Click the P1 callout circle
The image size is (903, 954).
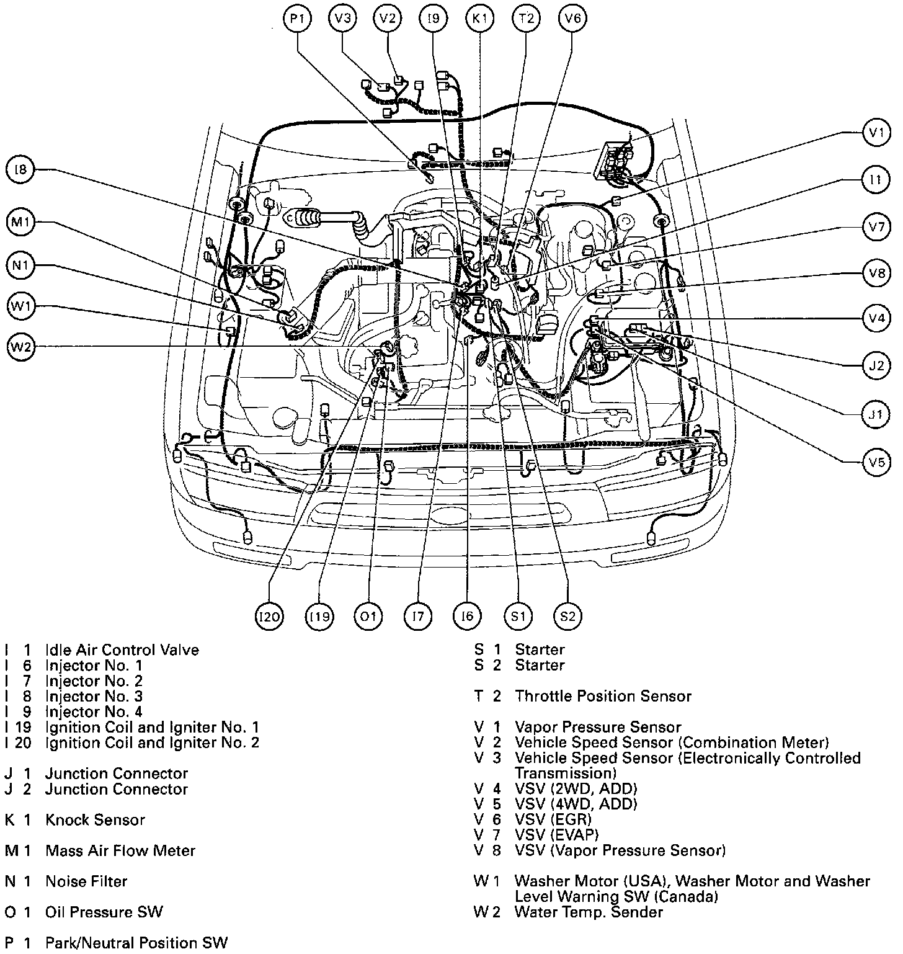click(x=298, y=19)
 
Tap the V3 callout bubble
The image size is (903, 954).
click(x=342, y=19)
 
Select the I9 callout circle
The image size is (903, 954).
click(x=434, y=19)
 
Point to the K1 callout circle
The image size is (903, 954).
click(x=479, y=19)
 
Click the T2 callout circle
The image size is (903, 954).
click(x=526, y=19)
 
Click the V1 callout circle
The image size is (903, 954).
click(x=876, y=132)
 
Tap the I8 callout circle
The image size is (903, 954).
click(x=20, y=169)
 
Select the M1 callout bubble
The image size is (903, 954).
click(x=20, y=223)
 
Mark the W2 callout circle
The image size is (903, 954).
click(x=20, y=347)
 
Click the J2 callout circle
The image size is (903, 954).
click(x=876, y=365)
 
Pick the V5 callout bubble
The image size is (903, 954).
click(x=876, y=462)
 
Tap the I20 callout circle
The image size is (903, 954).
click(x=270, y=616)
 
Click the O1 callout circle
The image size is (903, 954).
click(x=368, y=616)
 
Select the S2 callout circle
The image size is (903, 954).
click(x=567, y=616)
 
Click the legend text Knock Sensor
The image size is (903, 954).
click(x=95, y=819)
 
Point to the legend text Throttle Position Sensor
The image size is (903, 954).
click(x=603, y=696)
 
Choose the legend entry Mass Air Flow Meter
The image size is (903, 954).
click(x=120, y=850)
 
